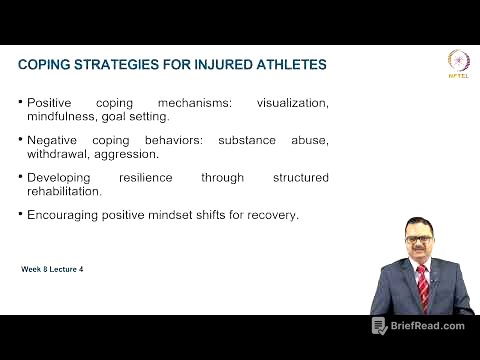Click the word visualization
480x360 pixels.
292,102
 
